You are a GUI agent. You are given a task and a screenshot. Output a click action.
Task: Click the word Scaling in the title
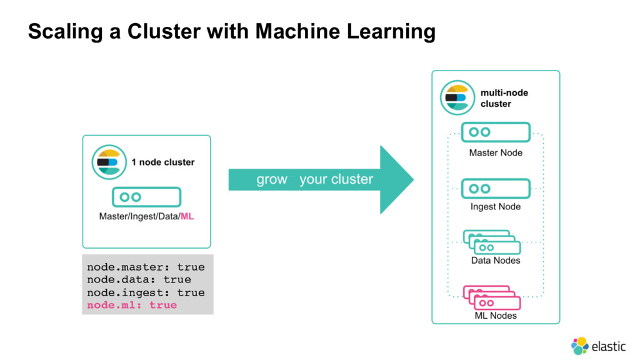point(65,32)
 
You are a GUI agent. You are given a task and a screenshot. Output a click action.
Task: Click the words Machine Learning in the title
point(345,31)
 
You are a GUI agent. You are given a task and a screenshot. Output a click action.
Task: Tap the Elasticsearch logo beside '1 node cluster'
point(109,162)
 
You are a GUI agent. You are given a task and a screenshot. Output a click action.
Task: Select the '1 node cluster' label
point(163,162)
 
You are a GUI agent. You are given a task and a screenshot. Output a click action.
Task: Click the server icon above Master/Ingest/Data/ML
point(146,197)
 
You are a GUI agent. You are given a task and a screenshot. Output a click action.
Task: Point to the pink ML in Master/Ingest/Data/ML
point(187,216)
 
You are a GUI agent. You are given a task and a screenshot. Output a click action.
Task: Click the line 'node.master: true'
point(146,267)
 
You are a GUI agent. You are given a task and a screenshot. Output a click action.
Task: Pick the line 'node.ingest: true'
point(146,292)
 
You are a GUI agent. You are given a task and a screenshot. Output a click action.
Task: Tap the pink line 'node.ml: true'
point(132,305)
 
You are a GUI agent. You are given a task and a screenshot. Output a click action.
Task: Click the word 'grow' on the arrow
point(272,179)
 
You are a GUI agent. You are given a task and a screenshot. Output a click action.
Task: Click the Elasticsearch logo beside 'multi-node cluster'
point(457,97)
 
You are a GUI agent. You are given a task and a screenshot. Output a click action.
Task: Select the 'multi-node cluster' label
point(504,98)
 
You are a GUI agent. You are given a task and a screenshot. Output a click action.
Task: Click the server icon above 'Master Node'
point(496,132)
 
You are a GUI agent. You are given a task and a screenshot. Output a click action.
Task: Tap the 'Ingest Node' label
point(496,206)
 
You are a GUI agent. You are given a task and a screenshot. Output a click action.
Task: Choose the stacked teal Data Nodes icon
point(492,242)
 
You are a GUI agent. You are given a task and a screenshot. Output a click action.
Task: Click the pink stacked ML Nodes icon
point(492,297)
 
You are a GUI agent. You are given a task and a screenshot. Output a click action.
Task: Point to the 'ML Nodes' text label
point(496,316)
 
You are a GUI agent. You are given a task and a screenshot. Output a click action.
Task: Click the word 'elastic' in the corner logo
point(609,346)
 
